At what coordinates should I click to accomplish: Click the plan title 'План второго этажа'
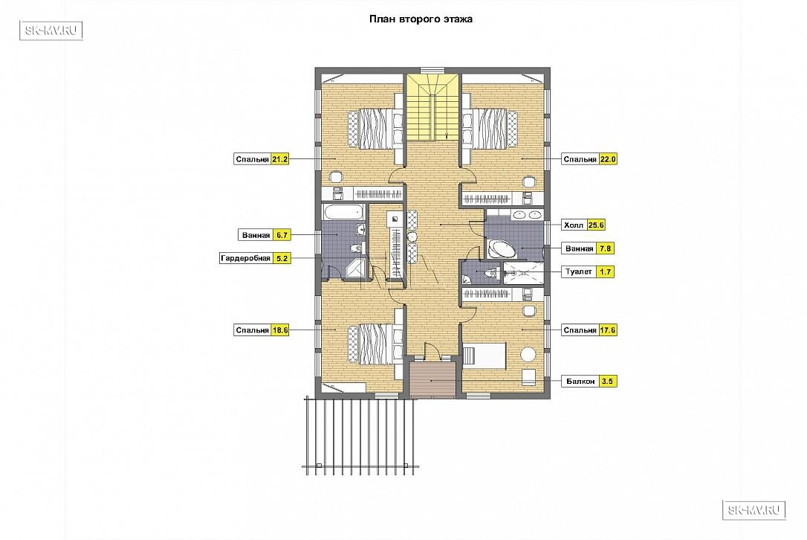click(421, 19)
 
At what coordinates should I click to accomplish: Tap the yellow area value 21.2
click(280, 159)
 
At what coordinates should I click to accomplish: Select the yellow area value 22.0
click(608, 159)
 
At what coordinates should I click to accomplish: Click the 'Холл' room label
click(574, 225)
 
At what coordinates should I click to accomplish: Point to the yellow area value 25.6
click(596, 225)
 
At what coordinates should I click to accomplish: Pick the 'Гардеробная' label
click(245, 258)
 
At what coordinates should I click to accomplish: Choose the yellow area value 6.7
click(282, 235)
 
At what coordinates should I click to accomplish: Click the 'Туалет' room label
click(579, 271)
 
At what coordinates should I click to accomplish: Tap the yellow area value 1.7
click(605, 271)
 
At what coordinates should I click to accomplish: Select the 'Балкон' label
click(580, 382)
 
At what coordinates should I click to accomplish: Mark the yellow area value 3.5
click(607, 382)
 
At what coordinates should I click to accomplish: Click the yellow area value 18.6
click(280, 330)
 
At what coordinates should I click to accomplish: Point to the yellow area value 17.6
click(608, 330)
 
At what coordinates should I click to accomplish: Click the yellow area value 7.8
click(605, 248)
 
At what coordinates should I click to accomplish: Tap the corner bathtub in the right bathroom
click(502, 248)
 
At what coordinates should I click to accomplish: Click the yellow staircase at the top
click(431, 107)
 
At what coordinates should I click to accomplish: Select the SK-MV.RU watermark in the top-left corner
click(51, 30)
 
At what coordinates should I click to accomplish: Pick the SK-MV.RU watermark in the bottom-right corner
click(754, 510)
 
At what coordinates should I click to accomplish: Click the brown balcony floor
click(432, 379)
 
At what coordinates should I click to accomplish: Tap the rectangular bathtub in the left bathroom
click(343, 212)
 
